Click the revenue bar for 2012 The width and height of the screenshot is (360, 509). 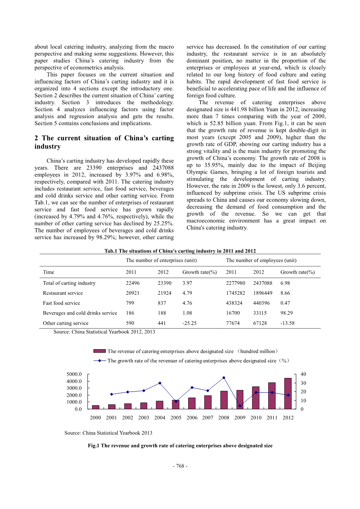(x=288, y=394)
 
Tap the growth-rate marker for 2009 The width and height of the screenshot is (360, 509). (x=240, y=406)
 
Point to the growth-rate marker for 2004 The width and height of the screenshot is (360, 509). (x=160, y=383)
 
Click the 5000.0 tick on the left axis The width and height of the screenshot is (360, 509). (x=74, y=374)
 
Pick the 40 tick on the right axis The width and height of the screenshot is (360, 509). (x=303, y=374)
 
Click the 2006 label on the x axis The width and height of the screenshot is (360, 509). (x=192, y=418)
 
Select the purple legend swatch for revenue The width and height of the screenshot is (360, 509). (x=100, y=351)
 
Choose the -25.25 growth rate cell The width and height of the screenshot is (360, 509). (x=190, y=323)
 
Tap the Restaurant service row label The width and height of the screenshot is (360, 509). (x=63, y=293)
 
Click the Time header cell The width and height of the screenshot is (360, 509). (x=49, y=272)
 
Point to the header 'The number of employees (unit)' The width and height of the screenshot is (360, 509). (x=261, y=260)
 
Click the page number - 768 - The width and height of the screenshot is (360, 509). (x=180, y=466)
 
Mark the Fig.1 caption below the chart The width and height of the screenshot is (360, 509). (x=180, y=446)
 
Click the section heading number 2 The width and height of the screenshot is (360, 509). (x=37, y=138)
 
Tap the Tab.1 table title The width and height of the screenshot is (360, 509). (x=180, y=251)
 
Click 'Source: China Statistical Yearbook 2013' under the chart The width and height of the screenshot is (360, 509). (x=108, y=433)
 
